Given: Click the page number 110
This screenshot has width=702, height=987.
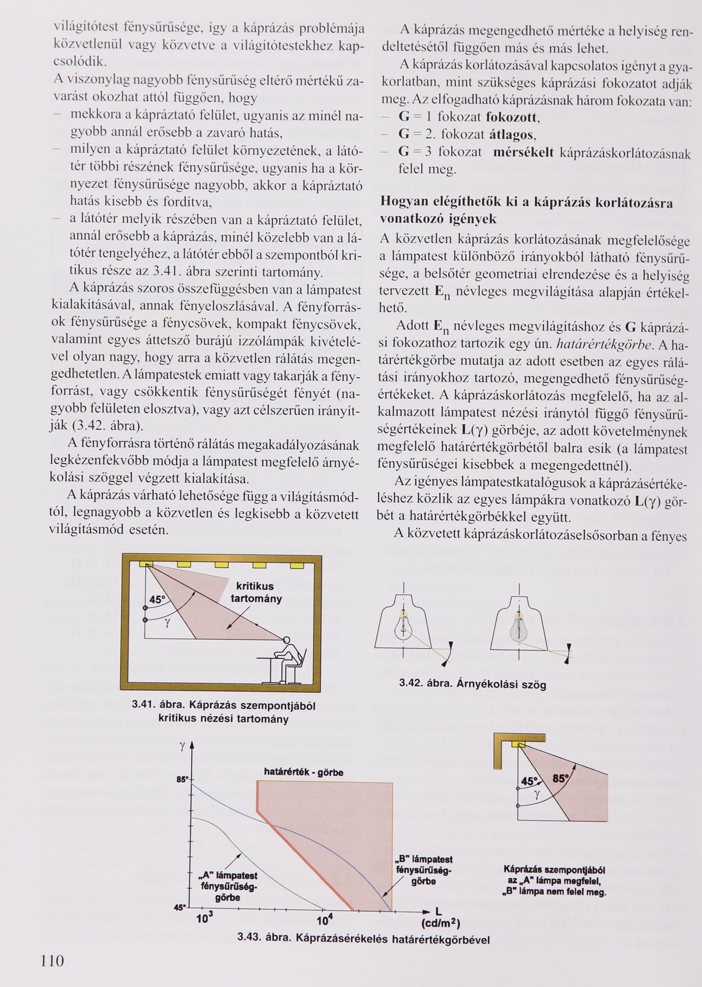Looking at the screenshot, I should [52, 961].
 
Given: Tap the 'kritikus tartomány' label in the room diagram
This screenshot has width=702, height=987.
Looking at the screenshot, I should [256, 592].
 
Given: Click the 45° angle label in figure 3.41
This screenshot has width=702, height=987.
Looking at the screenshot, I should [157, 600].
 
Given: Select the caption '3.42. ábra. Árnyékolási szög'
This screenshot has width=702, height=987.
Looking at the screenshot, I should [473, 683].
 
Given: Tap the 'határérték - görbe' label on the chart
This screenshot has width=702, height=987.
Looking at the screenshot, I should [304, 772].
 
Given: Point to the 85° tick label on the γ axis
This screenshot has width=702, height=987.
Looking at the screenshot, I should [182, 779].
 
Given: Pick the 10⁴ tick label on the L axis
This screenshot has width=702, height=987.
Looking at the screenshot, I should [325, 920].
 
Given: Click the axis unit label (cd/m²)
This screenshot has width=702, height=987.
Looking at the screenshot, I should [441, 924].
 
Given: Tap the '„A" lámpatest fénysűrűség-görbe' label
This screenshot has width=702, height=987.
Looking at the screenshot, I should [228, 886].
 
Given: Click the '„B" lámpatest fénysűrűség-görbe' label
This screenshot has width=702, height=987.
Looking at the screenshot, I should [424, 870].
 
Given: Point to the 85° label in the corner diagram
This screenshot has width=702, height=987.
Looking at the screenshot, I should [560, 779].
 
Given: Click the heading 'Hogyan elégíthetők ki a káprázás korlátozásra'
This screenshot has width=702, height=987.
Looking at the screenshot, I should [526, 202].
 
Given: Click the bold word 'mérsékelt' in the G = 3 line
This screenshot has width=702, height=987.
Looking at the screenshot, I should [524, 153].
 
